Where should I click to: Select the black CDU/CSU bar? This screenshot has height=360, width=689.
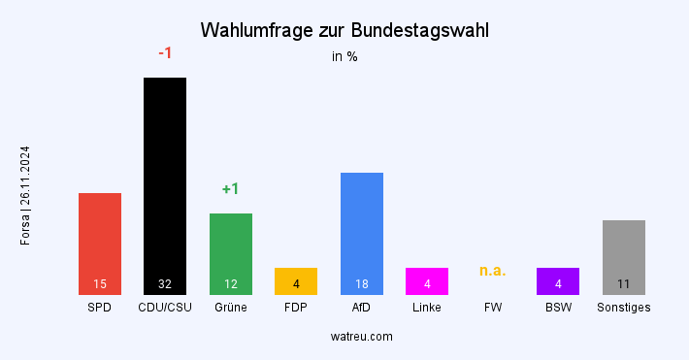pos(165,184)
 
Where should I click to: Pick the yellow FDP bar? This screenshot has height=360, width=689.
pos(296,280)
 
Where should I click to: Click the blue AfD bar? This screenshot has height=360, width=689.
pos(362,233)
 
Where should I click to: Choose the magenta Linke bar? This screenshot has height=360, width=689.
pos(427,280)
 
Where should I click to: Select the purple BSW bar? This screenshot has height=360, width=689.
pos(558,280)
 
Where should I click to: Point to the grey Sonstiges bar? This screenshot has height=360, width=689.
pos(624,256)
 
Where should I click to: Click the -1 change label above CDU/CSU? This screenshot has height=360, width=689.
pos(165,53)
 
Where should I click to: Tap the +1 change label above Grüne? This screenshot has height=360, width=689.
pos(231,189)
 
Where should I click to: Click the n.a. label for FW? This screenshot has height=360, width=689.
pos(493,271)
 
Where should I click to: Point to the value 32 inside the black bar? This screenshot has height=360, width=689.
pos(165,284)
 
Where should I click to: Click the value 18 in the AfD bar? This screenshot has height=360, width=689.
pos(362,284)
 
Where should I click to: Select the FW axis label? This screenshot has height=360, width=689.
pos(493,308)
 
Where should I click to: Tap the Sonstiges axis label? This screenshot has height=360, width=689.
pos(624,308)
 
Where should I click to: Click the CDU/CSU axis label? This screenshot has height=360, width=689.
pos(165,308)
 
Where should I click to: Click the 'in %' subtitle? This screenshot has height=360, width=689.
pos(344,56)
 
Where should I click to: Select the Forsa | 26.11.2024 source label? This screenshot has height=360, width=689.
pos(25,195)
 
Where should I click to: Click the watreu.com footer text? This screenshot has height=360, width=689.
pos(361,337)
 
